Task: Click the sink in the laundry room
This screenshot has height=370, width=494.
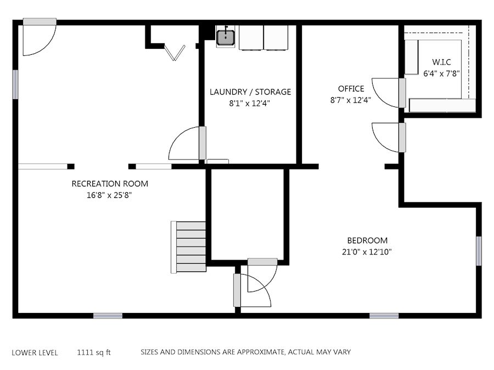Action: [226, 37]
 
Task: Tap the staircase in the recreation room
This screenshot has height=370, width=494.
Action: [189, 247]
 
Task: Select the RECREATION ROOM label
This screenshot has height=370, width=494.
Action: [110, 184]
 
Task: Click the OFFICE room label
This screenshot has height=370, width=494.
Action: [351, 89]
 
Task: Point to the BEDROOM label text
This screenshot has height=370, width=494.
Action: [367, 241]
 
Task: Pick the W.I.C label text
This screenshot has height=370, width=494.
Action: [441, 62]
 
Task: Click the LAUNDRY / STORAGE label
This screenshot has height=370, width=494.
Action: [250, 92]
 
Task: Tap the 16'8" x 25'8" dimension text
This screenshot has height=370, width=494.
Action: [109, 195]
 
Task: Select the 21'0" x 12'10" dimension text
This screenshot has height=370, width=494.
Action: [367, 252]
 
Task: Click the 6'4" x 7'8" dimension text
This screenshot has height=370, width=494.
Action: [441, 73]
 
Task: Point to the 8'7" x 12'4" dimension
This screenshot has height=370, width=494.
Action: [351, 100]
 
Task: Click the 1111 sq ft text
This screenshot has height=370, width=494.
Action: [94, 352]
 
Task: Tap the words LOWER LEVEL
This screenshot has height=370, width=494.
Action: [35, 352]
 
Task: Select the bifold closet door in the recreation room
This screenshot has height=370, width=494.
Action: [175, 52]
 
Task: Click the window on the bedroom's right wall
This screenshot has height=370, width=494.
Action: [479, 251]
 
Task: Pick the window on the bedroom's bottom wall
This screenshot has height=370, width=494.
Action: [384, 316]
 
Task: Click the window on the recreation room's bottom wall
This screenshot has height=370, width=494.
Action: [108, 316]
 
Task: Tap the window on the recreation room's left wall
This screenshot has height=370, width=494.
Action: [15, 84]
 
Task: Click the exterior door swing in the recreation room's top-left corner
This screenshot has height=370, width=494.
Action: [40, 37]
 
